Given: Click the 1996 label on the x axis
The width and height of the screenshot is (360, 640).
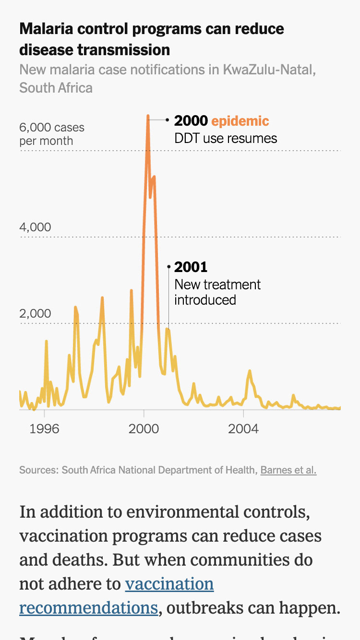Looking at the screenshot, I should (x=44, y=428).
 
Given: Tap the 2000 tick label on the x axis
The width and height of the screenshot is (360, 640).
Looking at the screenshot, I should (x=144, y=428).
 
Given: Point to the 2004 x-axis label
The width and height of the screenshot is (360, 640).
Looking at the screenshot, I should (x=243, y=428).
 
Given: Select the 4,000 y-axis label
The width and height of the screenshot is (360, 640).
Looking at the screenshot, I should (x=35, y=227).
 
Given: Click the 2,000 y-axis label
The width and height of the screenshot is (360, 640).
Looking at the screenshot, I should (x=35, y=313).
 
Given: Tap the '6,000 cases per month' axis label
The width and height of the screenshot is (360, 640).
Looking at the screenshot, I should (x=51, y=134).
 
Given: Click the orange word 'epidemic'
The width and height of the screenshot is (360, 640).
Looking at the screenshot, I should (x=240, y=121).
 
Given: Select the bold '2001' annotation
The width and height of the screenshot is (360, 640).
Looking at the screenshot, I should (x=191, y=267).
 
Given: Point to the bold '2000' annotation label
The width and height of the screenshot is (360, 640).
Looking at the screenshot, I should (x=191, y=121).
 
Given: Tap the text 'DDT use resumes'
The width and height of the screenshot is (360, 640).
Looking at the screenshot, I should (x=226, y=139).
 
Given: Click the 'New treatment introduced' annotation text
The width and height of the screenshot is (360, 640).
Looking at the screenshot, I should (x=217, y=292).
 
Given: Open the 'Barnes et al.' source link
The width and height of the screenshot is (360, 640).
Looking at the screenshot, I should (x=288, y=470).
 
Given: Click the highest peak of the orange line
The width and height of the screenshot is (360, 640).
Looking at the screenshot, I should (x=148, y=117).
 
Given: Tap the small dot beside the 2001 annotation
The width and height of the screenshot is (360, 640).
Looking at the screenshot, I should (x=168, y=266).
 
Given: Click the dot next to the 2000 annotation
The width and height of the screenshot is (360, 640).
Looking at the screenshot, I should (x=167, y=120).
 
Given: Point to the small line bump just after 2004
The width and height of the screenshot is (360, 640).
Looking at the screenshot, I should (x=250, y=371).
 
